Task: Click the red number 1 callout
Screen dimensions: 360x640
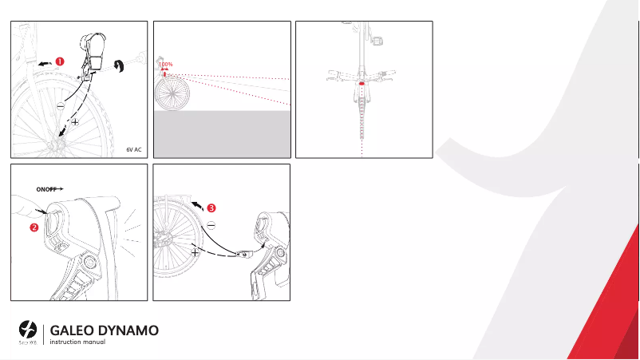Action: pyautogui.click(x=59, y=60)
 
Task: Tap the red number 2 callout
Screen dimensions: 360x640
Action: pyautogui.click(x=34, y=227)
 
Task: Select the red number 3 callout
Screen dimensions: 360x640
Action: pyautogui.click(x=211, y=208)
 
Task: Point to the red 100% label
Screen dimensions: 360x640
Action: pyautogui.click(x=165, y=65)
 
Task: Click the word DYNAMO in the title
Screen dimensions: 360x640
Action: pyautogui.click(x=132, y=330)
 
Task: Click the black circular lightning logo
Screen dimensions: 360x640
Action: pyautogui.click(x=29, y=329)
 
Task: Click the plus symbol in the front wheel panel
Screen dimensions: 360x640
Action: pyautogui.click(x=75, y=123)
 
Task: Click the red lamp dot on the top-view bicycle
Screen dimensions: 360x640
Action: pyautogui.click(x=362, y=81)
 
